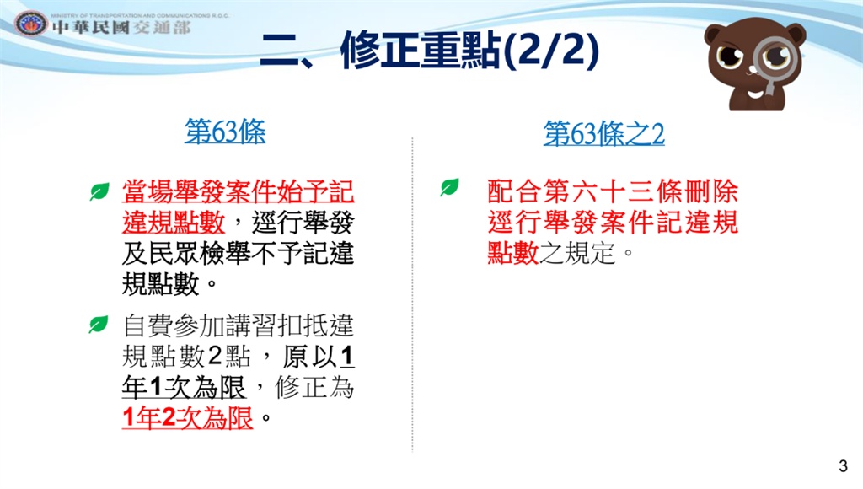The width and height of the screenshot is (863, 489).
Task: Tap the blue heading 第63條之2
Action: coord(603,133)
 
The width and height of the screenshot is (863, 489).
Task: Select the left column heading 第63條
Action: coord(224,131)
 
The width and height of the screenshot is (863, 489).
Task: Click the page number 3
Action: coord(843,466)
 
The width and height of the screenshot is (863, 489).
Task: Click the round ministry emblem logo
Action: coord(31,24)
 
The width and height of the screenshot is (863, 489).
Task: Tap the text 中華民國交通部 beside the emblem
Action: coord(121,28)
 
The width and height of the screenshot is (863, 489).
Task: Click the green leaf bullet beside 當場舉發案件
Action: coord(99,191)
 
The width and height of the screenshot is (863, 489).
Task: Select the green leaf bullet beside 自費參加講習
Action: coord(99,325)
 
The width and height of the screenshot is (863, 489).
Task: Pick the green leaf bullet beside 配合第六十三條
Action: coord(449,187)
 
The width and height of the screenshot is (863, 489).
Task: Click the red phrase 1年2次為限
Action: coord(188,417)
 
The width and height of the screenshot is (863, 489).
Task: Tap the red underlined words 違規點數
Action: coord(174,222)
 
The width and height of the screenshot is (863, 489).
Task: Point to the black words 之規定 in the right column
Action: coord(576,253)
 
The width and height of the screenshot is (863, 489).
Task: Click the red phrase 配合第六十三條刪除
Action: coord(613,191)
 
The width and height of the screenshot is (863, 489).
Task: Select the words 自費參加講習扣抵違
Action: coord(238,325)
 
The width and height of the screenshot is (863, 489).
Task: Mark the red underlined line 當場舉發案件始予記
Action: coord(238,191)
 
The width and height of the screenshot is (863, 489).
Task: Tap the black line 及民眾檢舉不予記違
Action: coord(238,253)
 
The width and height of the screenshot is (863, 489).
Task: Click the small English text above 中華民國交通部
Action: coord(140,15)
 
